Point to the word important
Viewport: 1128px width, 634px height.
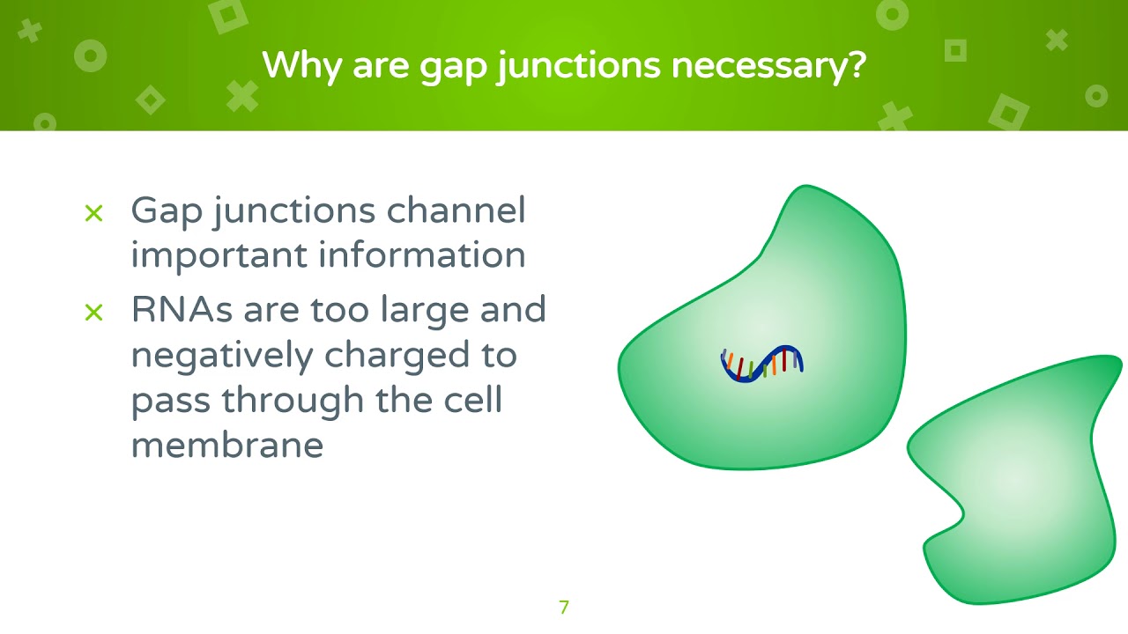coord(219,256)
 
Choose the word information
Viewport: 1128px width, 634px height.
coord(422,254)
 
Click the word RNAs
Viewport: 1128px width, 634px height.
coord(181,310)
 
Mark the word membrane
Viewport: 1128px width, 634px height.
coord(226,444)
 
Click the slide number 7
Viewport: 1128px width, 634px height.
coord(564,607)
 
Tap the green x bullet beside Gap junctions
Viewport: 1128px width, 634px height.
coord(93,212)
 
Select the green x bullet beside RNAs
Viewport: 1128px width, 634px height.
coord(93,312)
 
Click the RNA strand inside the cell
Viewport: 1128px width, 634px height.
coord(761,363)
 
